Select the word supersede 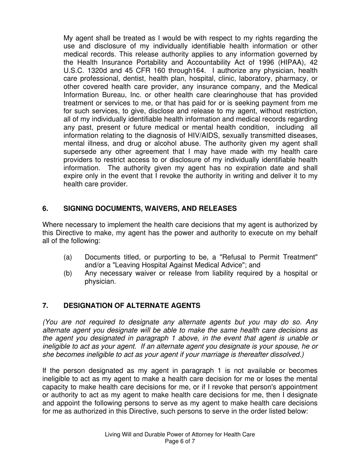(80, 152)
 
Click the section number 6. (45, 208)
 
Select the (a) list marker (68, 257)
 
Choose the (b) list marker (68, 274)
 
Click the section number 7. (45, 305)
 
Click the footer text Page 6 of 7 (180, 441)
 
